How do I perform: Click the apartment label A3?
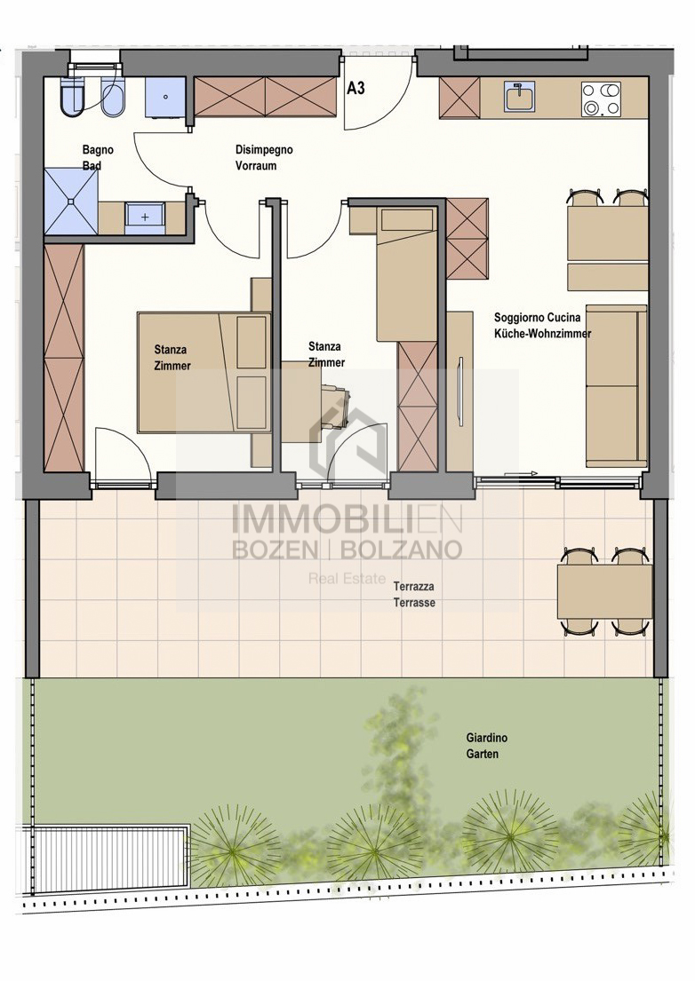pos(355,88)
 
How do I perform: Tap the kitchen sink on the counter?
pos(519,97)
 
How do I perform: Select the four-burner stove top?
pos(601,99)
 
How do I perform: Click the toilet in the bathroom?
pos(72,97)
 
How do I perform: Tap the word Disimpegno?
pos(264,149)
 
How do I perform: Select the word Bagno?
pos(98,149)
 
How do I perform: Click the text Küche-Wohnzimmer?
pos(542,334)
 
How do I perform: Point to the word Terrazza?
pos(413,586)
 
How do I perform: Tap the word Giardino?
pos(486,738)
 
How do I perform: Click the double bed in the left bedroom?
pos(204,372)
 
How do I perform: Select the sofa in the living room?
pos(616,386)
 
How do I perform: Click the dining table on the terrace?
pos(604,592)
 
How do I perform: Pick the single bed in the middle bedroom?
pos(406,274)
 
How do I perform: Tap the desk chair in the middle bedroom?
pos(334,401)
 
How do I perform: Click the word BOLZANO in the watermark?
pos(400,550)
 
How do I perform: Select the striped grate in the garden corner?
pos(106,855)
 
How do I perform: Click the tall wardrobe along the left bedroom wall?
pos(64,357)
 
